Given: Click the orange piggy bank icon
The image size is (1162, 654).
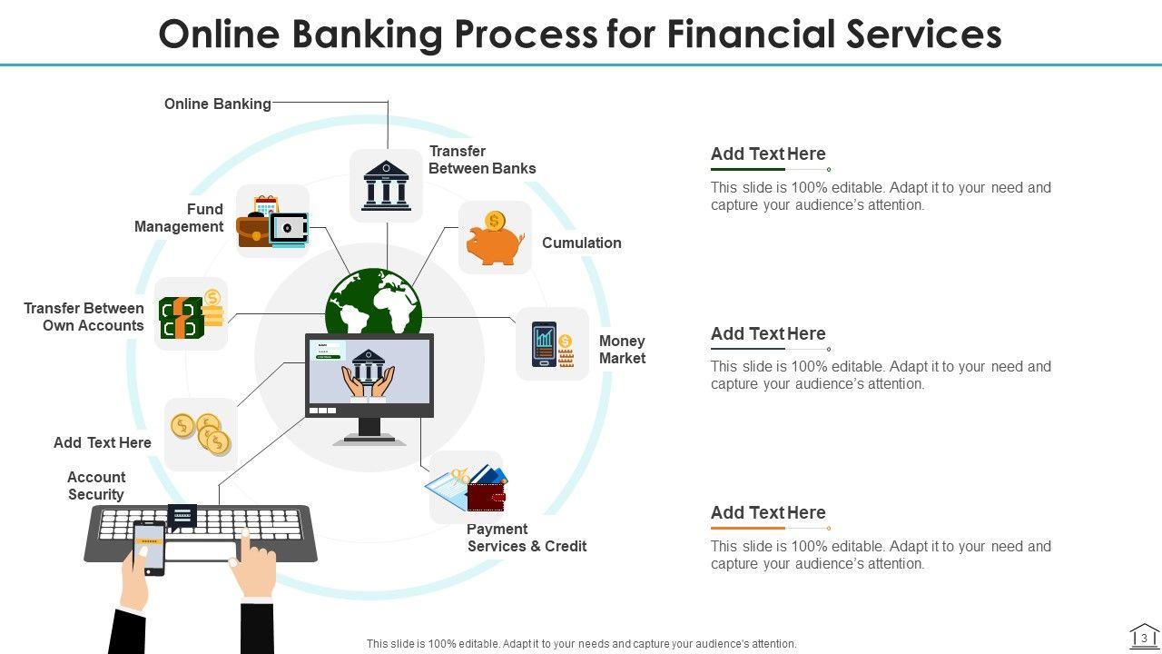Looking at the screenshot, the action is (495, 243).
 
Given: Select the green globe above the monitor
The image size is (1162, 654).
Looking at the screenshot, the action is (373, 302).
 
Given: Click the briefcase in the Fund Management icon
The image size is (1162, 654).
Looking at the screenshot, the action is (254, 231).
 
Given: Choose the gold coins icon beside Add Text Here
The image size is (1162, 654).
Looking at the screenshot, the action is (202, 432).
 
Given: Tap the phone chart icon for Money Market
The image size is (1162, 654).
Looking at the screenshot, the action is (544, 344).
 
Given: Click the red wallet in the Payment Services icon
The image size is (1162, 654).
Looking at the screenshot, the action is (486, 497).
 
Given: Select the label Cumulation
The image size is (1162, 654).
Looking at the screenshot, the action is (582, 243).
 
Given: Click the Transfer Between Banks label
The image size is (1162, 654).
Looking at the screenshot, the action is (482, 160).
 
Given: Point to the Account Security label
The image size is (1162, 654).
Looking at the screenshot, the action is (96, 486).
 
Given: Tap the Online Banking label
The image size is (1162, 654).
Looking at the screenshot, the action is (218, 104).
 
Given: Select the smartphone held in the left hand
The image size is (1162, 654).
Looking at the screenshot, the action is (149, 548).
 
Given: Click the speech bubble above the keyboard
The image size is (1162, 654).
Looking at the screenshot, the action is (182, 516).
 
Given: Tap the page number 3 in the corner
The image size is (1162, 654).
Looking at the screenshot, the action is (1145, 638).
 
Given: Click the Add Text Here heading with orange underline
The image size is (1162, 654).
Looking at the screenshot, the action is (768, 512).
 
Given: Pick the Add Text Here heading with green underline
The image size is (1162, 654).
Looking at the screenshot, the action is (768, 154).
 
